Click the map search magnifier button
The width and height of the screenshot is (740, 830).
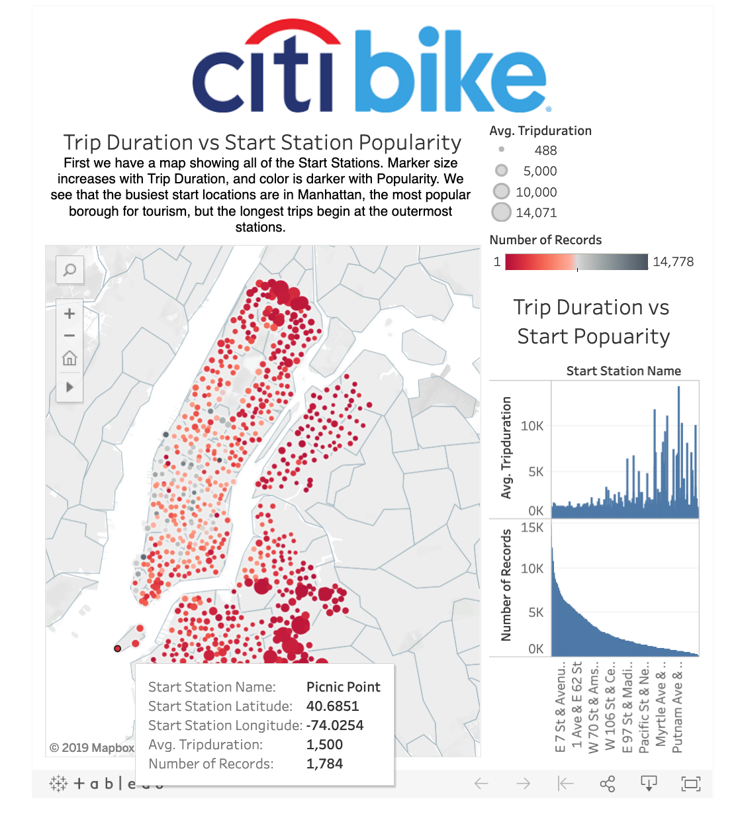(69, 270)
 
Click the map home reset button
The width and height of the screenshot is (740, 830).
(69, 359)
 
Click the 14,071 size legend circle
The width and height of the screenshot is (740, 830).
(502, 212)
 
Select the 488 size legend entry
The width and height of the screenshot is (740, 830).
(501, 150)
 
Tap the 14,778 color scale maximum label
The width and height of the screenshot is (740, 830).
(673, 261)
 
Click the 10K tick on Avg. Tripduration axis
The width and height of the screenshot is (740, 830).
(532, 426)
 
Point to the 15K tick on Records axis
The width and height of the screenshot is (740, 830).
(532, 528)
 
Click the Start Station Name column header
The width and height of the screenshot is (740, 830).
(624, 371)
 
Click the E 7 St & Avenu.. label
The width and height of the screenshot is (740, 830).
(560, 707)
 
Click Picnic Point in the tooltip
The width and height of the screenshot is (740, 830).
(343, 687)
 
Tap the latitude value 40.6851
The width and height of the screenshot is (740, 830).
(332, 706)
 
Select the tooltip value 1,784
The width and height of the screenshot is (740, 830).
(324, 764)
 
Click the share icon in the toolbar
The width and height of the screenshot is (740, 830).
(607, 784)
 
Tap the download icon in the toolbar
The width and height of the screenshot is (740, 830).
(649, 784)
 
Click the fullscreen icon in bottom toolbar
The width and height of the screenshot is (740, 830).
(691, 784)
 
